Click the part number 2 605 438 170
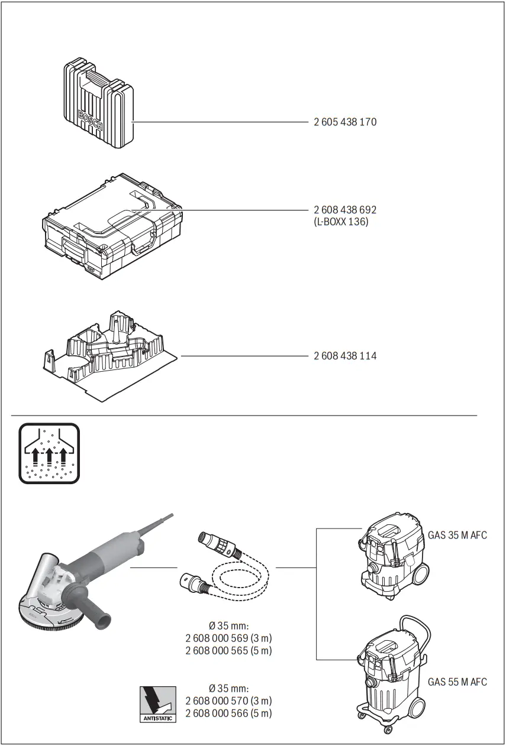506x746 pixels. coord(344,122)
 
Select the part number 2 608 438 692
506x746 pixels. coord(344,210)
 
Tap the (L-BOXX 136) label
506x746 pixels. coord(341,222)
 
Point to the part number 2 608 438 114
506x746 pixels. coord(344,356)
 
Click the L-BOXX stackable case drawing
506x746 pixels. coord(111,227)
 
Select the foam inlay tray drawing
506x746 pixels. coord(109,355)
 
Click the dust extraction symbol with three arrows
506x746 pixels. coord(49,453)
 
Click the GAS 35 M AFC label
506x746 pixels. coord(457,536)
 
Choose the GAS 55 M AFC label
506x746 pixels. coord(457,682)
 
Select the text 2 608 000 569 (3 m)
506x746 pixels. coord(228,638)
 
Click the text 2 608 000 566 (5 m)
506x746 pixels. coord(228,713)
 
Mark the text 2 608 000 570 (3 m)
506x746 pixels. coord(228,701)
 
